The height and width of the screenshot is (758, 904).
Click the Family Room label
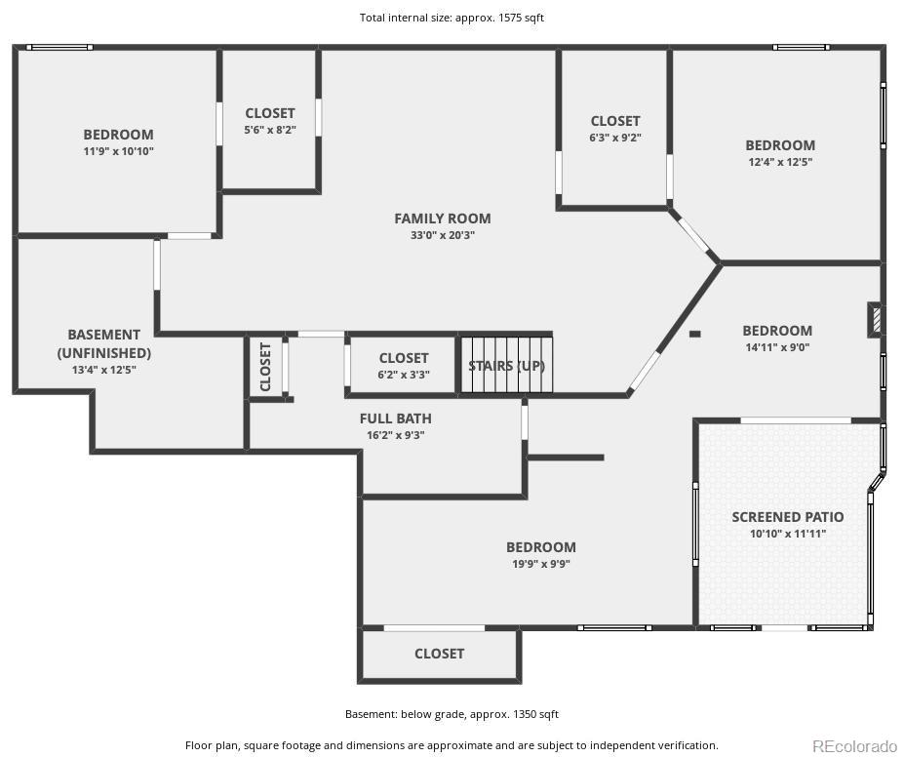point(442,219)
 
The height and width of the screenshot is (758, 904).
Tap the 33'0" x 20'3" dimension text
point(442,235)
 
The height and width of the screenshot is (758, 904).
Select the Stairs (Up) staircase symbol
point(506,365)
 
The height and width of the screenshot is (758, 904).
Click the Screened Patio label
point(788,517)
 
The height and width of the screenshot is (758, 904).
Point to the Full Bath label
point(396,419)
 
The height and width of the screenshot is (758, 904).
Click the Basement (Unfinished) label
point(103,343)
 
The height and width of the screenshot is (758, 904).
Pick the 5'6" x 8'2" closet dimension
point(270,130)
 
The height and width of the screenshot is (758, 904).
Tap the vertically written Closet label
point(265,367)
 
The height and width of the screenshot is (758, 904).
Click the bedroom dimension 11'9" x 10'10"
point(118,151)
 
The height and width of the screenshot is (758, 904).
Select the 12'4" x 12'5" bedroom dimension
point(780,162)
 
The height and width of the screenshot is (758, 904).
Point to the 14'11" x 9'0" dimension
point(777,347)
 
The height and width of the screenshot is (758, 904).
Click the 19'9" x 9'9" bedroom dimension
point(541,564)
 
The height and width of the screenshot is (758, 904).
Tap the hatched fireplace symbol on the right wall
point(875,320)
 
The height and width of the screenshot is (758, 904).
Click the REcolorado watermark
point(854,746)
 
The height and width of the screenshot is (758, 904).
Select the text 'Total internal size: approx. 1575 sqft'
point(452,18)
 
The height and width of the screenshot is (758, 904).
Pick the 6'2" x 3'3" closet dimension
point(404,375)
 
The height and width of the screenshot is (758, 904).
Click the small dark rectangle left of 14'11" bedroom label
point(694,334)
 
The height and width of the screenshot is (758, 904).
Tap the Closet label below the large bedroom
point(439,654)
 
